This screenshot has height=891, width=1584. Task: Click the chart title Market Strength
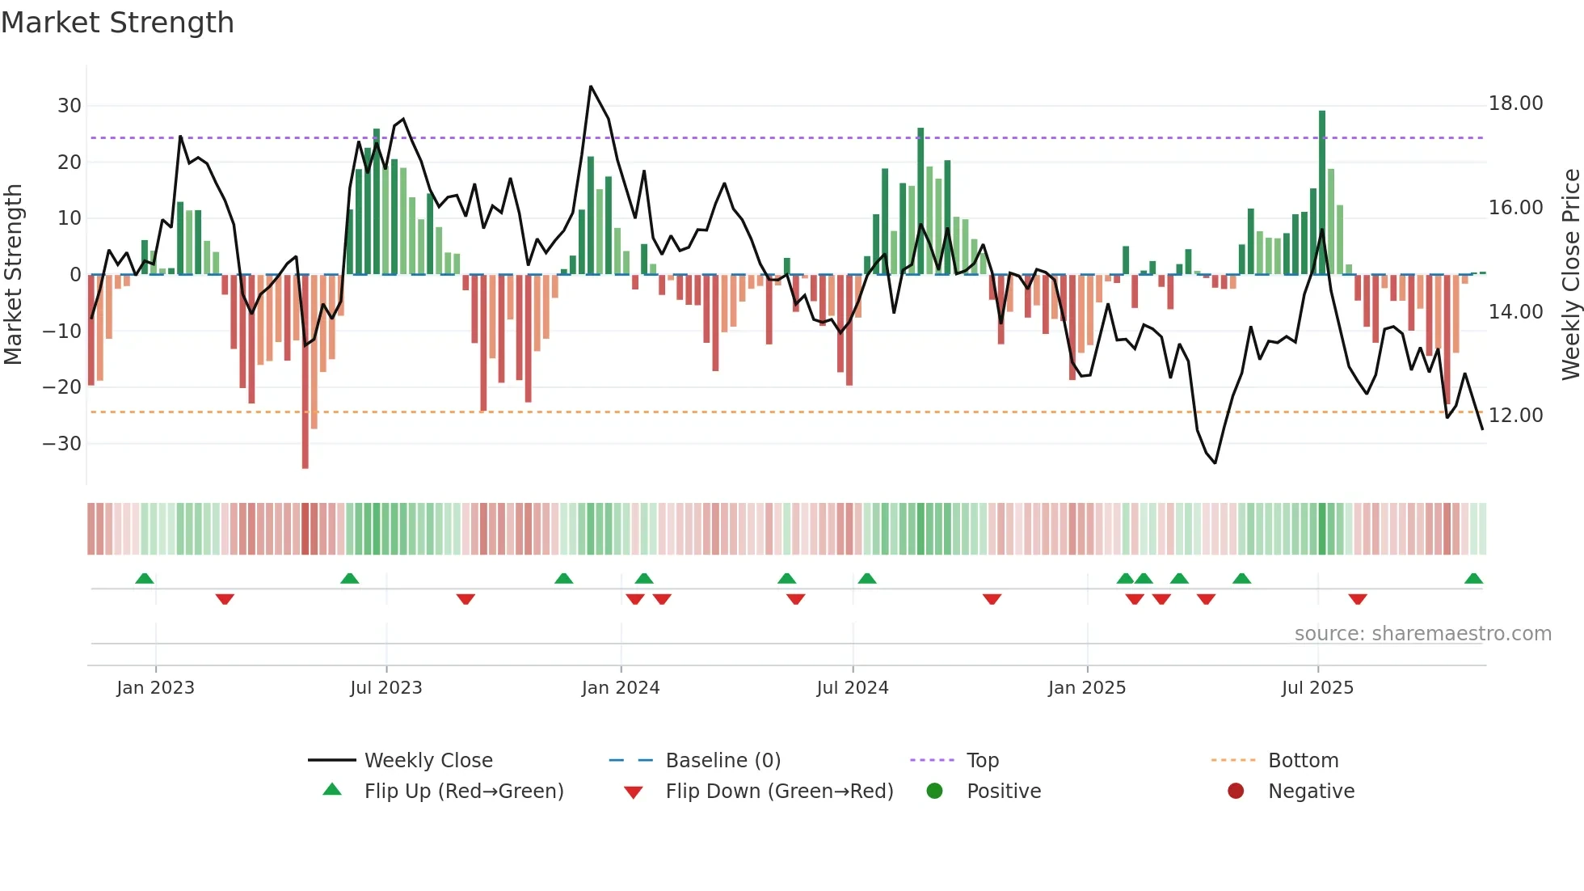(117, 23)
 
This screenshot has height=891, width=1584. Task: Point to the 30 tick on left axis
(69, 106)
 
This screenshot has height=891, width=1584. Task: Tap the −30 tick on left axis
(62, 444)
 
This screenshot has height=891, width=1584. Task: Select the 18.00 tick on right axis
(1515, 103)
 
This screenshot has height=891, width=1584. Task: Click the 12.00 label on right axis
(1515, 416)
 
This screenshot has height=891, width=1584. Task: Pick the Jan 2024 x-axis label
(620, 688)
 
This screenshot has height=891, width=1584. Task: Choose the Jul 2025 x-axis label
(1316, 688)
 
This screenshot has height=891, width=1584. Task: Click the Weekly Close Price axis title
(1570, 275)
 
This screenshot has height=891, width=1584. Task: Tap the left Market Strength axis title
(14, 275)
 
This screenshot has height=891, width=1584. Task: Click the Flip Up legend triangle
(332, 790)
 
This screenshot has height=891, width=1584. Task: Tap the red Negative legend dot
(1235, 791)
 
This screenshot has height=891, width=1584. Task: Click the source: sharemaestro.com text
(1422, 634)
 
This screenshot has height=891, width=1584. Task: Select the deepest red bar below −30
(305, 372)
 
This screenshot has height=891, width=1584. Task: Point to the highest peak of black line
(591, 87)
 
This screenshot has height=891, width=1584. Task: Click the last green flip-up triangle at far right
(1473, 579)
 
